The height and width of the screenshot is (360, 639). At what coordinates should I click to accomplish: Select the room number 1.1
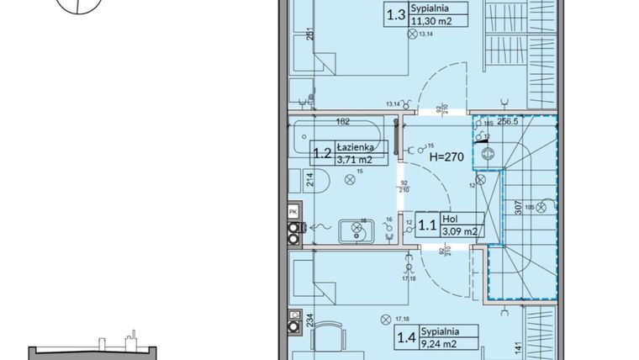428,225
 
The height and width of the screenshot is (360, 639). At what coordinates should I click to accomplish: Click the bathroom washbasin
356,230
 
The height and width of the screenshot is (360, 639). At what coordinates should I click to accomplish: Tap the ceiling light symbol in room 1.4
385,318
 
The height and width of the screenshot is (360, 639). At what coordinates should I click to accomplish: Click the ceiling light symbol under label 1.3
411,34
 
